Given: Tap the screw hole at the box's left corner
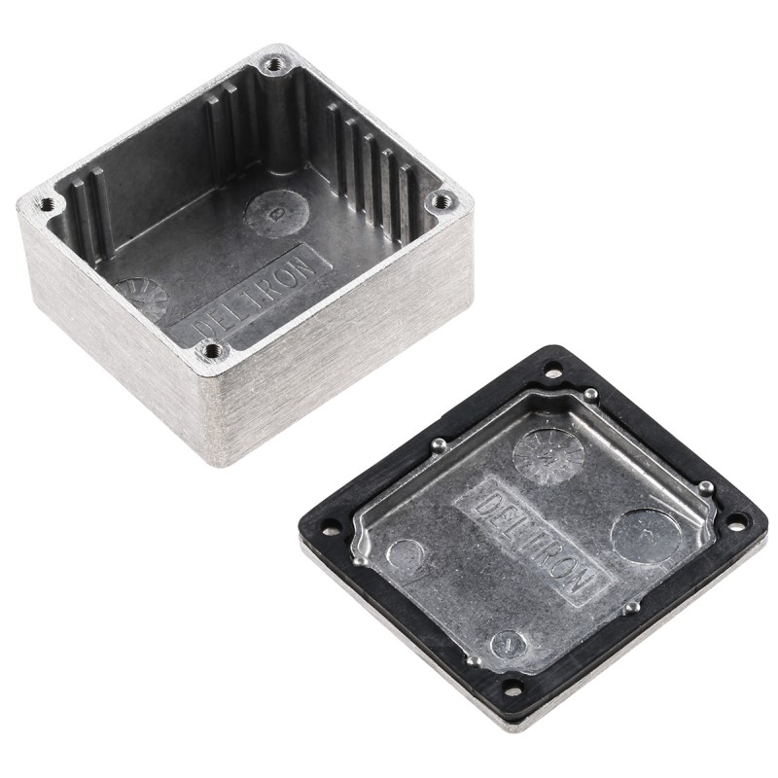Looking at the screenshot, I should tap(46, 204).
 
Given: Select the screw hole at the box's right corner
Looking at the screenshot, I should tap(442, 201).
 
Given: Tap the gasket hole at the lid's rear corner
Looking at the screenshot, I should tap(552, 370).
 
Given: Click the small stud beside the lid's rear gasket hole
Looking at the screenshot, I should tap(589, 394).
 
